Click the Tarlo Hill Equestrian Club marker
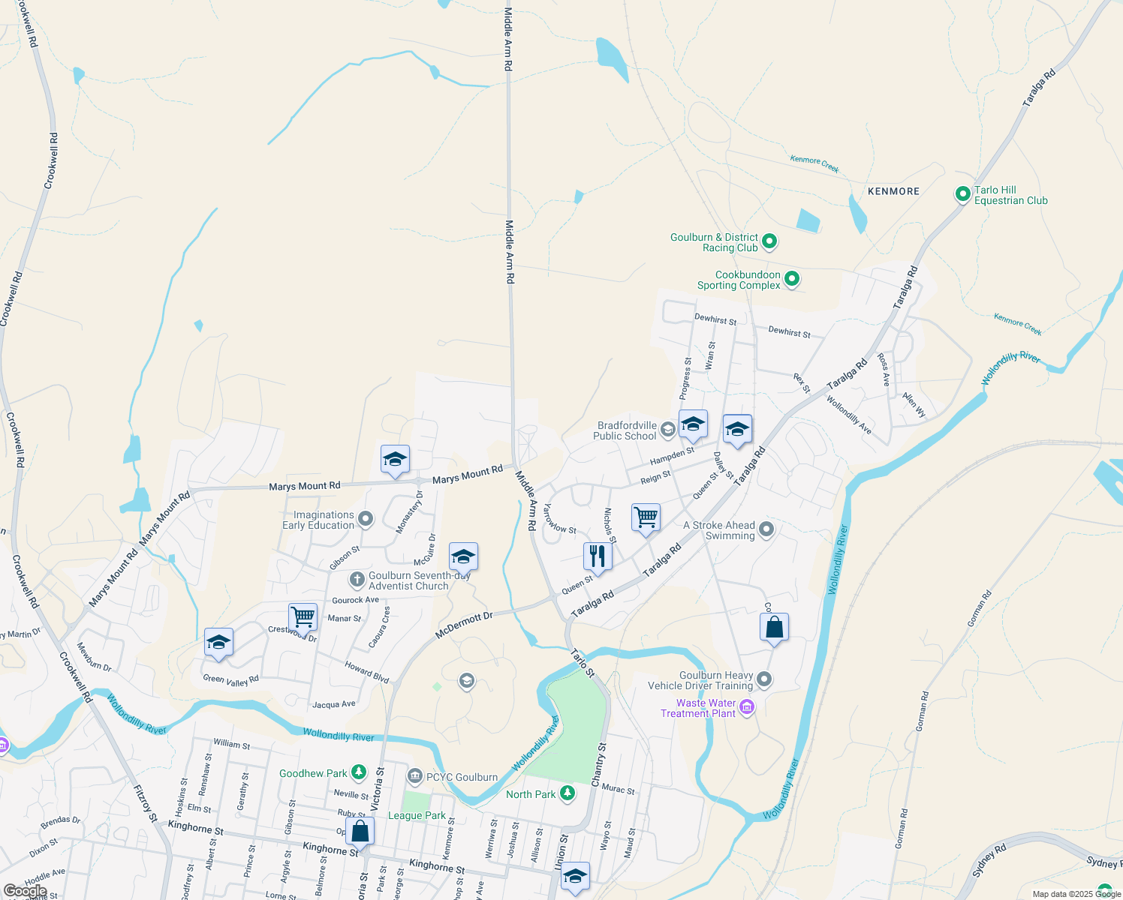click(962, 194)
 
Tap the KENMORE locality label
click(893, 191)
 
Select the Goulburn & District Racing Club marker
click(769, 241)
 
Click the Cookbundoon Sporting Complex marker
click(791, 280)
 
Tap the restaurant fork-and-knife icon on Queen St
click(598, 556)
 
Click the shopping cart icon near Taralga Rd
click(646, 517)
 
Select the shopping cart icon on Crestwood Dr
click(303, 616)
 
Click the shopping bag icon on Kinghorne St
click(360, 831)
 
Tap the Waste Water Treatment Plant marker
click(746, 707)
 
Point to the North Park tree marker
click(568, 793)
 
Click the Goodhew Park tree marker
click(359, 772)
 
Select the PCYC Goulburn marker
click(414, 776)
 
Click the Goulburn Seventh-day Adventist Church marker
click(357, 580)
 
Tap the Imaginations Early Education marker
click(366, 519)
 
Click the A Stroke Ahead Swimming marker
click(766, 529)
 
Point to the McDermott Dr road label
click(464, 625)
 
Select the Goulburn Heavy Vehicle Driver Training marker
click(764, 679)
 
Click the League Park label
click(417, 815)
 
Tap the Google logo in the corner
click(25, 891)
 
